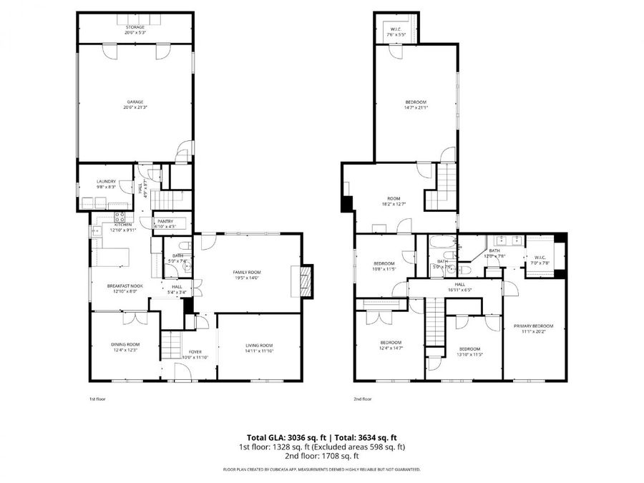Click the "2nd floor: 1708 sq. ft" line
coord(322,456)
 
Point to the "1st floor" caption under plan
coord(97,399)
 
